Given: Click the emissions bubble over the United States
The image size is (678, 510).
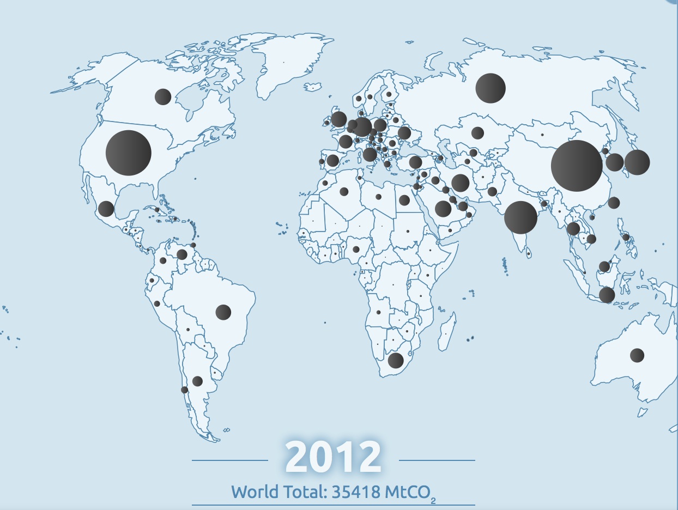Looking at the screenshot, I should coord(128,153).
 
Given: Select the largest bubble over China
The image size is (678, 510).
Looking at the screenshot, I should coord(577,166).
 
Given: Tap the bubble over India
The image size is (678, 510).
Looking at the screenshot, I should coord(520,217).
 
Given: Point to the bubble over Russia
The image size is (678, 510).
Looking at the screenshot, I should coord(491,88).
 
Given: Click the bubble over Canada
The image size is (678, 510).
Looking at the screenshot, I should coord(163,96).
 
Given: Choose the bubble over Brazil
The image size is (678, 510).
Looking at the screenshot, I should coord(223,312).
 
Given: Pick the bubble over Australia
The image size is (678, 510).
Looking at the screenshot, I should coord(637,355).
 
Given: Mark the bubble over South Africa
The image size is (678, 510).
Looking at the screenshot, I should coord(395,360).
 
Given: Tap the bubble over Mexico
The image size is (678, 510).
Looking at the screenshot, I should coord(106,209).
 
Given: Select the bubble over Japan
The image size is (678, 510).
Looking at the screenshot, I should coord(637,162).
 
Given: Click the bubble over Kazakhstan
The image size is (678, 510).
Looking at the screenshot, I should coord(477,133).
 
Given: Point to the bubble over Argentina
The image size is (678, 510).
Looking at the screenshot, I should coord(197,381).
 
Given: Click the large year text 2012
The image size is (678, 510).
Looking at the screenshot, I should coord(333,457).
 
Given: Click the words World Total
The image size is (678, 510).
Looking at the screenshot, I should coord(278,492).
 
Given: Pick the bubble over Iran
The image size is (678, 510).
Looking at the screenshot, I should coord(460,183).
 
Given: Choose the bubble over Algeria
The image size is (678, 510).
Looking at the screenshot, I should coord(344,191).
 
